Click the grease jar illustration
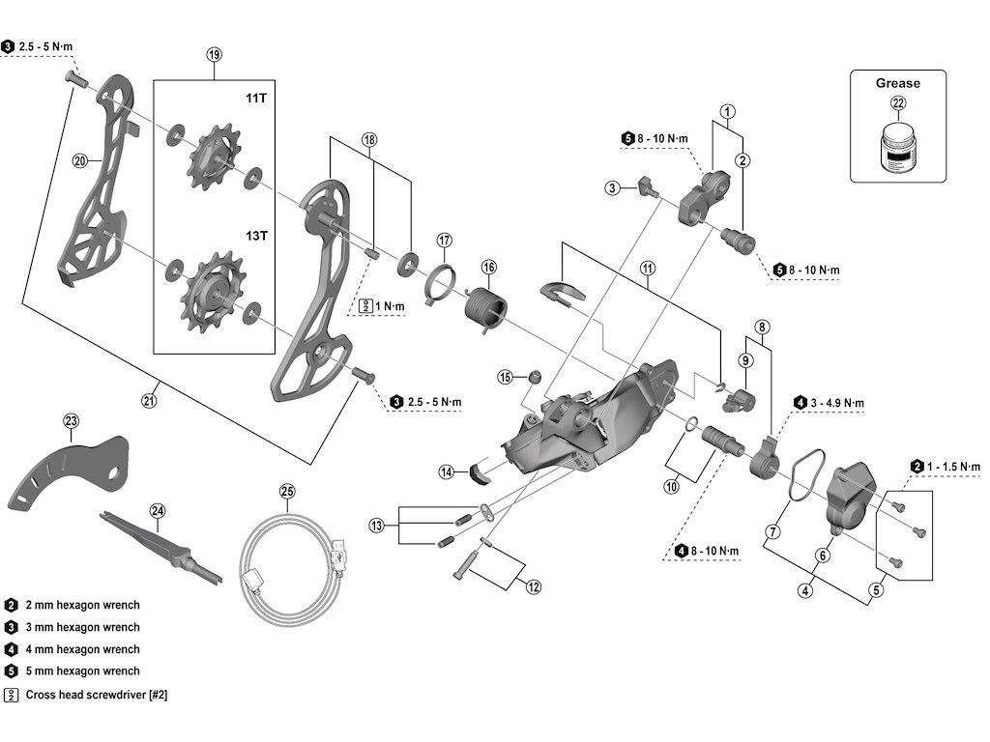(898, 151)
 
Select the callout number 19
(215, 55)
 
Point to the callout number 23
(71, 420)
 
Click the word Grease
(898, 83)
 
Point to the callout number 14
(446, 472)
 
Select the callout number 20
(80, 161)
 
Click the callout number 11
(647, 267)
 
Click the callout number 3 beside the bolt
(612, 187)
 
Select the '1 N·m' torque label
(391, 306)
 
